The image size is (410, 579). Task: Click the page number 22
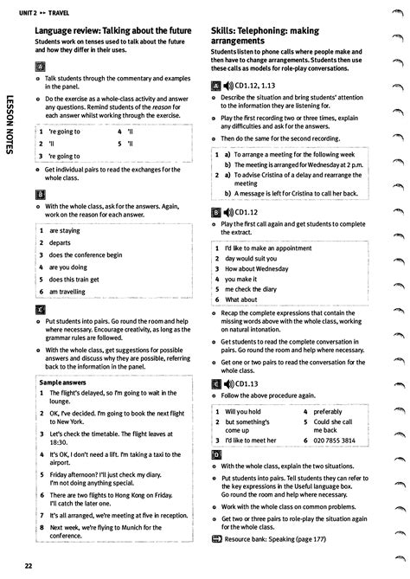[x=29, y=566]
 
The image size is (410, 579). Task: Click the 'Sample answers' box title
[x=62, y=382]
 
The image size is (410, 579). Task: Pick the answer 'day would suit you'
[x=252, y=258]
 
